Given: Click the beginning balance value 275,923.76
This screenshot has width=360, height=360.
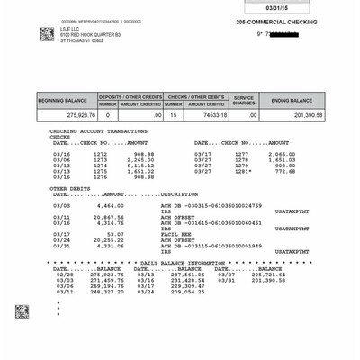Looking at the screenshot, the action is (x=62, y=115).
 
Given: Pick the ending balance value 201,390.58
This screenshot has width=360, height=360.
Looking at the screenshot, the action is (x=304, y=115).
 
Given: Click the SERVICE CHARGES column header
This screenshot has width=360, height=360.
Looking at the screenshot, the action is (x=244, y=100).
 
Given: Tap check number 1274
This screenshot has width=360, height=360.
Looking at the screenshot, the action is (x=100, y=166).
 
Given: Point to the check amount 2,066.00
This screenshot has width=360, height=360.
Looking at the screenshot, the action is (x=283, y=154).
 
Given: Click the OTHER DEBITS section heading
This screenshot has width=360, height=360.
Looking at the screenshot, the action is (x=70, y=187).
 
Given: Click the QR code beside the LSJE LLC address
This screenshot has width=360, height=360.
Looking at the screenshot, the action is (x=47, y=33).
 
